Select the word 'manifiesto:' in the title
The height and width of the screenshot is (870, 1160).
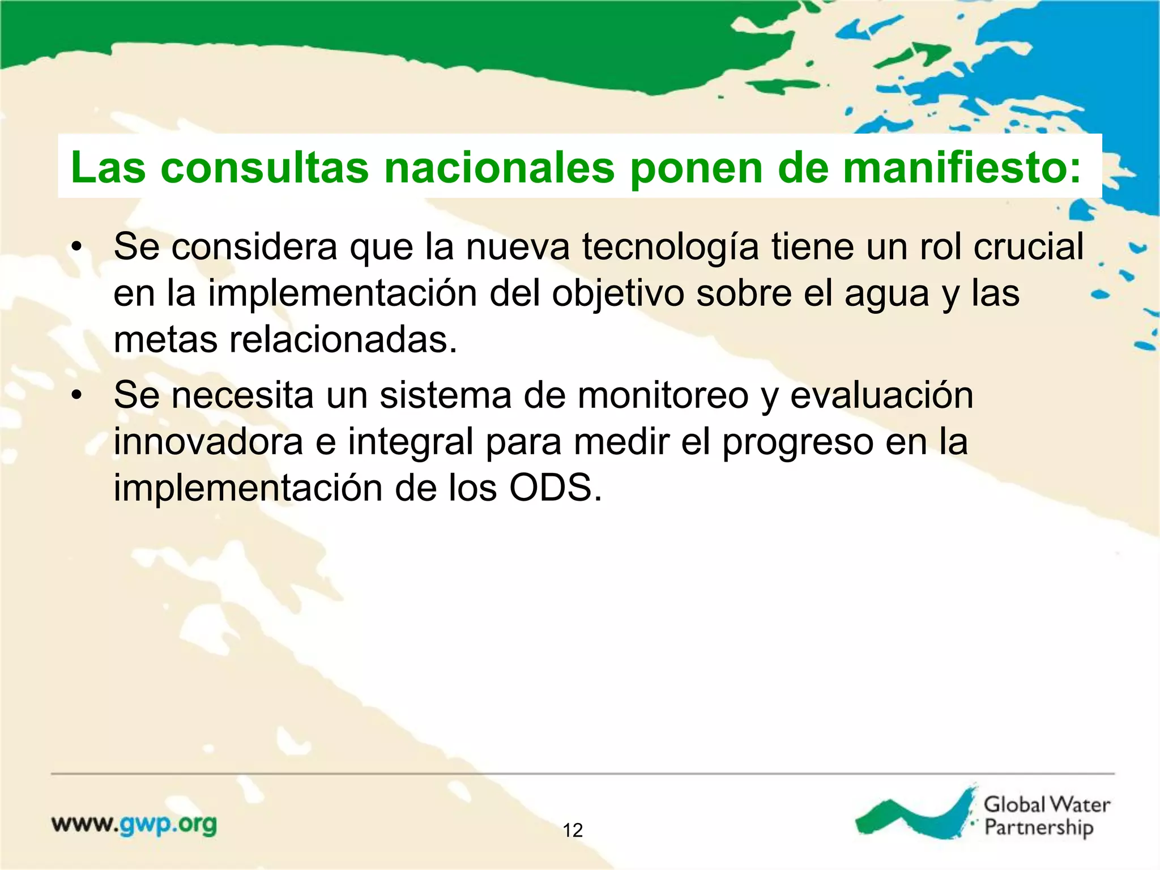962,168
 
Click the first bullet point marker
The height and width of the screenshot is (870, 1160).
77,248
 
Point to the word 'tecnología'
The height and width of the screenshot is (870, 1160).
670,248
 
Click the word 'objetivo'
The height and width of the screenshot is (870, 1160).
617,294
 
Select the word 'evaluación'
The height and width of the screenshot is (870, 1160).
882,395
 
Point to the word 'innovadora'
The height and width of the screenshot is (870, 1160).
208,442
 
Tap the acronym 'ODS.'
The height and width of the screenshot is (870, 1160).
556,488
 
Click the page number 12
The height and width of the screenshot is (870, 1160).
573,830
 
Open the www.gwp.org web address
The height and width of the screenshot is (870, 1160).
134,825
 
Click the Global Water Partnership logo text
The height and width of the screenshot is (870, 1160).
1046,816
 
